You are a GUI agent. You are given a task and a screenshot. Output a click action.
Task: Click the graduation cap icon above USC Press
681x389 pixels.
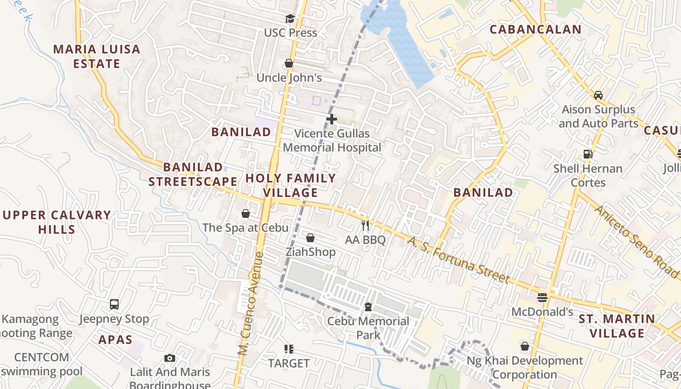(290, 18)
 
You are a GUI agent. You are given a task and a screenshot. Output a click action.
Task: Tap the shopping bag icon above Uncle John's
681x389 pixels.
(289, 64)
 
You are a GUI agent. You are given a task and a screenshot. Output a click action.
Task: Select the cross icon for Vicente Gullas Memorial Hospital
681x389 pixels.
(332, 119)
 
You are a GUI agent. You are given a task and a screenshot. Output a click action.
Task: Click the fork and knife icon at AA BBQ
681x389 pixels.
(366, 226)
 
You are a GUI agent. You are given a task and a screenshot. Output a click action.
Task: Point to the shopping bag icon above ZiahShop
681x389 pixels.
(310, 238)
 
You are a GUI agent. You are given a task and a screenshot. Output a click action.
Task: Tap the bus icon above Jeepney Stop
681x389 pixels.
(114, 304)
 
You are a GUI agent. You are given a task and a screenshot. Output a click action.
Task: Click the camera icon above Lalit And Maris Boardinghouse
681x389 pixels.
(170, 358)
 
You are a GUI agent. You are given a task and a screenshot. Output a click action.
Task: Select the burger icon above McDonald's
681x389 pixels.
(543, 297)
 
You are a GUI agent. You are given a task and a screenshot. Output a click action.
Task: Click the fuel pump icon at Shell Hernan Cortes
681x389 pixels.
(588, 155)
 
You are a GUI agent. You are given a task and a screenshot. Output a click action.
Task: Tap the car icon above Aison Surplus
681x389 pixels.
(598, 95)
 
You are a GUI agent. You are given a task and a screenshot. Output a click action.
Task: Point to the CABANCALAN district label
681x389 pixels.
(535, 30)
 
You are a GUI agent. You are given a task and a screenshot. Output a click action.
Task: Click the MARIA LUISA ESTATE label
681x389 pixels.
(97, 56)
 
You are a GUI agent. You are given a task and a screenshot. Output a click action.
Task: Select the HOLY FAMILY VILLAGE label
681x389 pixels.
(290, 185)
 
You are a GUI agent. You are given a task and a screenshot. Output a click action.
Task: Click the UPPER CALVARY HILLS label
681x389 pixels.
(57, 222)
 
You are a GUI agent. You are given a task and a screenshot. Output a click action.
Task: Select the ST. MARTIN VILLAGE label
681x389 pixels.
(617, 326)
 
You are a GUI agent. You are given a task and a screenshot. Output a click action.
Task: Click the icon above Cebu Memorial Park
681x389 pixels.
(368, 307)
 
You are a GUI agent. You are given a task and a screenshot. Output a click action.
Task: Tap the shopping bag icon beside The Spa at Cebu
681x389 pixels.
(246, 214)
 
